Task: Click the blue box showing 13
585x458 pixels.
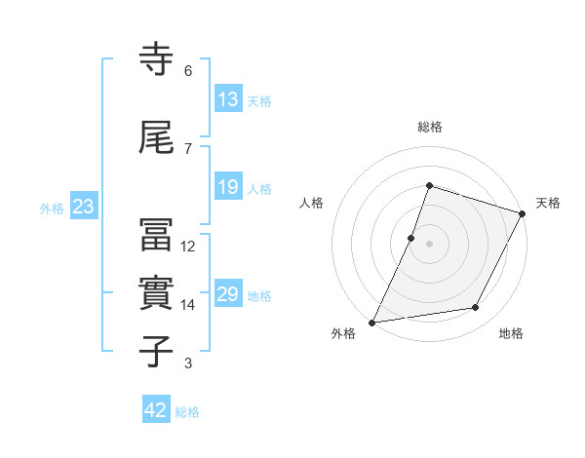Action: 228,99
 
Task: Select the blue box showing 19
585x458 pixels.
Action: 228,187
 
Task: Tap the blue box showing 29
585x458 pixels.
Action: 228,294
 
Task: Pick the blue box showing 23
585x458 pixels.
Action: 83,207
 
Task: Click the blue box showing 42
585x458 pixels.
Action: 156,410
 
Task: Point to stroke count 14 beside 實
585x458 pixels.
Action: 188,305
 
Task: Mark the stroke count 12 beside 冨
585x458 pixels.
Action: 188,247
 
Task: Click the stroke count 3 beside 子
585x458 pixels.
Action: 188,363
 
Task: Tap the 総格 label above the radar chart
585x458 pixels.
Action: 430,127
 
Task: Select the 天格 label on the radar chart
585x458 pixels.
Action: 548,203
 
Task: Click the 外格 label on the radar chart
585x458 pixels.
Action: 343,333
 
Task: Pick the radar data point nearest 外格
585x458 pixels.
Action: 372,322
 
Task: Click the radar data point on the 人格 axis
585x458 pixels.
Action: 411,238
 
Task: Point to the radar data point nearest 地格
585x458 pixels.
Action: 476,308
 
